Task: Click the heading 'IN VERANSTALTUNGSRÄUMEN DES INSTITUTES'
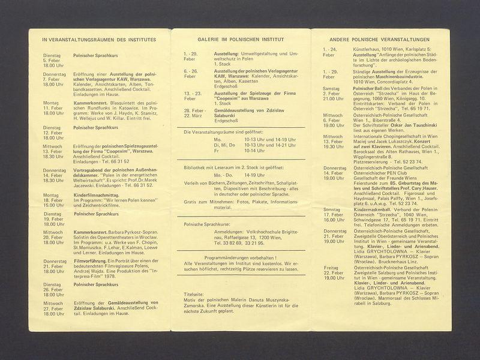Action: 99,40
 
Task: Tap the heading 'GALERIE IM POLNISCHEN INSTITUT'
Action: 241,39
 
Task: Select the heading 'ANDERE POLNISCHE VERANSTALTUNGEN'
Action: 380,39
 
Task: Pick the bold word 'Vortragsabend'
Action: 91,170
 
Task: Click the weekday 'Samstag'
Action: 332,88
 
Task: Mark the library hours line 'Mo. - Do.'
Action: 224,177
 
